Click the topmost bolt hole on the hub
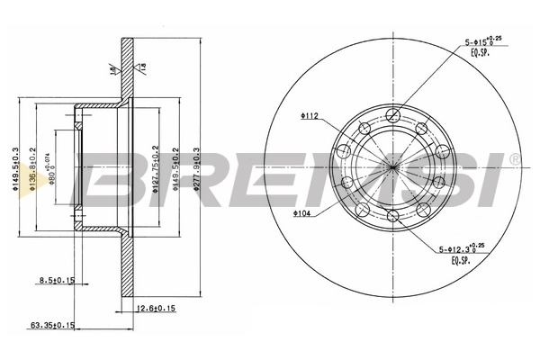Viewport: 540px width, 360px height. (x=393, y=113)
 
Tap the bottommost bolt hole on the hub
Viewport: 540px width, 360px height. (x=393, y=215)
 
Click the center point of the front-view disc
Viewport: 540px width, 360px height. (x=393, y=164)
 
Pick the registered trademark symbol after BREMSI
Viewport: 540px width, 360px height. (x=514, y=158)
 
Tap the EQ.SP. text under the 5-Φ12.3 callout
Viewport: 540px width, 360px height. (x=463, y=261)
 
